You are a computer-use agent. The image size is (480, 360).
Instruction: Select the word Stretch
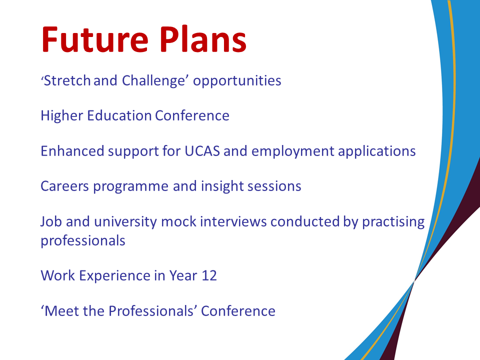(x=67, y=80)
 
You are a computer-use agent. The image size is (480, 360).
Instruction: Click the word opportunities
(x=237, y=81)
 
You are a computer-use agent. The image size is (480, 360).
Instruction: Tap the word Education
(x=119, y=115)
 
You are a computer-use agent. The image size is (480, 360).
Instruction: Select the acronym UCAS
(x=202, y=151)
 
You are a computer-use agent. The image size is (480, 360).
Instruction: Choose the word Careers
(x=64, y=186)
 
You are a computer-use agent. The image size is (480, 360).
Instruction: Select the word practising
(x=393, y=222)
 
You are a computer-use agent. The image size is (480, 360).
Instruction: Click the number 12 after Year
(x=209, y=276)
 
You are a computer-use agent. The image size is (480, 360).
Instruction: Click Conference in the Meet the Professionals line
(x=238, y=311)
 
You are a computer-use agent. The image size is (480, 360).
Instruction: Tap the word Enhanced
(x=72, y=151)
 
